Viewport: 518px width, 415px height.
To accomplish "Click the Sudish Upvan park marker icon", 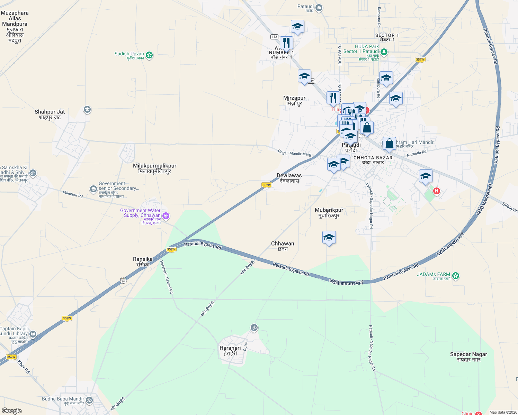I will tap(149, 55).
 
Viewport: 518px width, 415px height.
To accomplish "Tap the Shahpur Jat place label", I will tap(50, 114).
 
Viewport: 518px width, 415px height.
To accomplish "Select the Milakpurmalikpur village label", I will tap(155, 168).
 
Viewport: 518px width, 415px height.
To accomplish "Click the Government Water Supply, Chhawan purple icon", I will tap(166, 216).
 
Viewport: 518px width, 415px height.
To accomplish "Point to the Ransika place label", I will tap(143, 261).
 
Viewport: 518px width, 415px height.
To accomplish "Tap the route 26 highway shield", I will tap(123, 280).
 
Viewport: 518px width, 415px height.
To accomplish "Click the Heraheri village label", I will tap(230, 351).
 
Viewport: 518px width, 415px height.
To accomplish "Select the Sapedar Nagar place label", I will tap(468, 357).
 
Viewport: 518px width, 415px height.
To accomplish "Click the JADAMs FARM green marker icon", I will tap(456, 276).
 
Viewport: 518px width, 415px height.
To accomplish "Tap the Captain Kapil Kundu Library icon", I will tap(33, 334).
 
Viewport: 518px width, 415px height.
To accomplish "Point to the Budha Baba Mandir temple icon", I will tap(89, 400).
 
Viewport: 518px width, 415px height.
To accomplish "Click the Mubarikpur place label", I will tap(329, 213).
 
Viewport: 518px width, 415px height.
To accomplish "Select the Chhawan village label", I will tap(283, 246).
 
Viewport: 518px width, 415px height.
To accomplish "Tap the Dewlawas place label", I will tap(289, 178).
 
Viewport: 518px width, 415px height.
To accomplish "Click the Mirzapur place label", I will tap(294, 101).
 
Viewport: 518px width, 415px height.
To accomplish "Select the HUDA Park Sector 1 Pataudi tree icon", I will tap(384, 52).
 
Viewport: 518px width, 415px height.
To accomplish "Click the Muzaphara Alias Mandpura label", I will tap(15, 27).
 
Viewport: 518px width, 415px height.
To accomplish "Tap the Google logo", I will tap(12, 411).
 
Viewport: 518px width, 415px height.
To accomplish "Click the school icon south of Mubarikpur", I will tap(329, 238).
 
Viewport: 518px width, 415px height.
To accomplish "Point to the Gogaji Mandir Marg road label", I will tap(294, 153).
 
